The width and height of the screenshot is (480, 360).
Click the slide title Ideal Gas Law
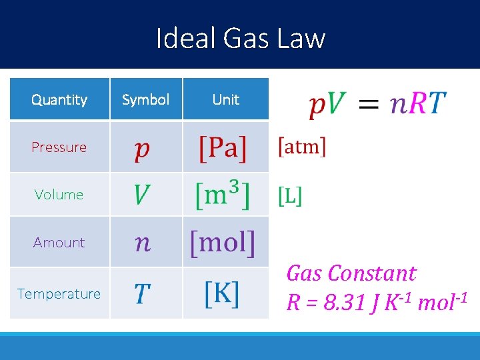pos(240,38)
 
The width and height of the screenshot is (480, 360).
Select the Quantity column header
pos(59,100)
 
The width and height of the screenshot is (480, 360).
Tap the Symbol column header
pos(145,100)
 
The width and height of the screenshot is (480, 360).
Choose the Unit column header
pos(225,100)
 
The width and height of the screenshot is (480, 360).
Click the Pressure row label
pos(59,147)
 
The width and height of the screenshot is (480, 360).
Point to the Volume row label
pos(59,195)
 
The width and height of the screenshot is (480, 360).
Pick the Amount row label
pos(59,243)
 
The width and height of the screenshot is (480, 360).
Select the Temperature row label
pos(59,294)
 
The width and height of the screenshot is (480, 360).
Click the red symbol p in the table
pos(142,149)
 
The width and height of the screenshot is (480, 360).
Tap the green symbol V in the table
pos(142,195)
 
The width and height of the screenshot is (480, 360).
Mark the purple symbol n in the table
pos(143,243)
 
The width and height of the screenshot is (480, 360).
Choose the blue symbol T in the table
pos(142,293)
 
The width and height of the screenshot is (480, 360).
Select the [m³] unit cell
pos(223,195)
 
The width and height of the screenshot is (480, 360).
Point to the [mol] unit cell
pos(223,243)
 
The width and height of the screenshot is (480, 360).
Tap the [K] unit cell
pos(222,293)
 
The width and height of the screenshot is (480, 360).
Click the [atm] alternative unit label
pos(301,147)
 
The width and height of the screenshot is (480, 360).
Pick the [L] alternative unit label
pos(290,195)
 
